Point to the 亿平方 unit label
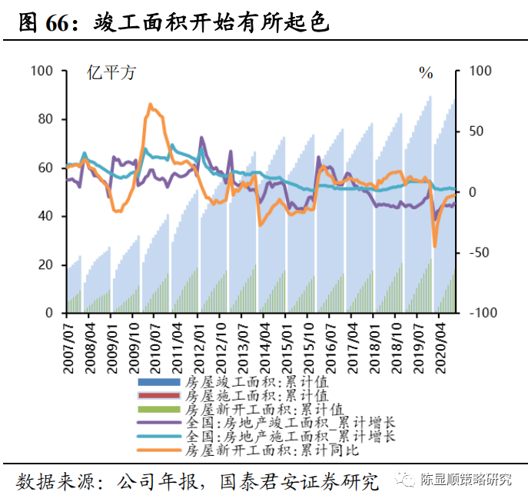click(x=111, y=74)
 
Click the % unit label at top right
click(x=426, y=74)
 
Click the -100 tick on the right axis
click(x=480, y=313)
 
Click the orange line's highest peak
click(x=150, y=105)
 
